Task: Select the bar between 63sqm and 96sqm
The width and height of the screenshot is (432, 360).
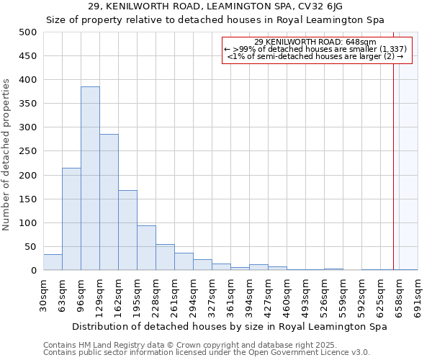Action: tap(71, 219)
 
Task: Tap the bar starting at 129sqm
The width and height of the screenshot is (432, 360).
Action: tap(109, 202)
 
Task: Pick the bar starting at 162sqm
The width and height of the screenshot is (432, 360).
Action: tap(127, 230)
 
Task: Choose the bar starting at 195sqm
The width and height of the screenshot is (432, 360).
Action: tap(146, 248)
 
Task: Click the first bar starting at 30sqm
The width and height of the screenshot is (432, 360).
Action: tap(53, 263)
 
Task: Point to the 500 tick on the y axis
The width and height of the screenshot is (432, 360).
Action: tap(28, 32)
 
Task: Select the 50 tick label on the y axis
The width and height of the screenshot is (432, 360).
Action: tap(31, 247)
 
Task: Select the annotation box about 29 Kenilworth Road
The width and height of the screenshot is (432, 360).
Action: tap(317, 50)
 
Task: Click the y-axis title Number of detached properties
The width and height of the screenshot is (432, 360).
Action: tap(7, 155)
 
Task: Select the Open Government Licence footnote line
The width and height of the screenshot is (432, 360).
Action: tap(206, 353)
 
